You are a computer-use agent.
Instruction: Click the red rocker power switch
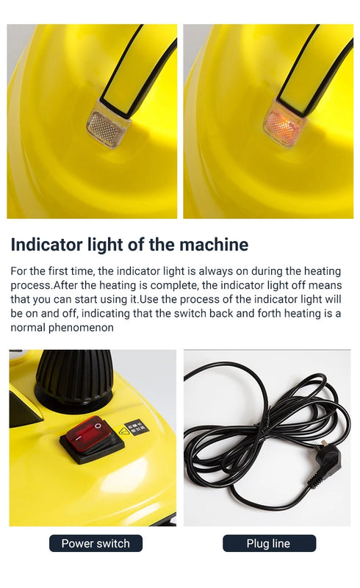[88, 434]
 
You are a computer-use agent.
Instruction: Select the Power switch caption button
[96, 543]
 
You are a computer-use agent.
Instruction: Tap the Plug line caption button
[269, 543]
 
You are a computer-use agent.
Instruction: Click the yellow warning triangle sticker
[123, 431]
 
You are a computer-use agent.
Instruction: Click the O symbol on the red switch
[98, 426]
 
